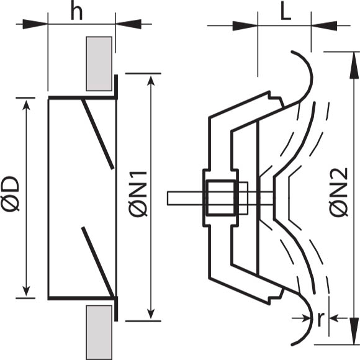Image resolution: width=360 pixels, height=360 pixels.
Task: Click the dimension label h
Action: [77, 12]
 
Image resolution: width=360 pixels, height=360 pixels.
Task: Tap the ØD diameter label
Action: [11, 193]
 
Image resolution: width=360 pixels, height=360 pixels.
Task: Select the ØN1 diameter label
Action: [138, 194]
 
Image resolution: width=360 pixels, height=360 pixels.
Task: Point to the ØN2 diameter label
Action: [338, 192]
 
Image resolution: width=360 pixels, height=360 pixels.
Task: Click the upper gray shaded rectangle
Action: [99, 63]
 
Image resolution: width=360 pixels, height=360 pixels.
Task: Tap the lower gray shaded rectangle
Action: [99, 333]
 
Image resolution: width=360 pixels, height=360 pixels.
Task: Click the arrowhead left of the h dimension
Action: [35, 24]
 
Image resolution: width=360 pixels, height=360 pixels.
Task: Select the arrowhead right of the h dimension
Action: [128, 24]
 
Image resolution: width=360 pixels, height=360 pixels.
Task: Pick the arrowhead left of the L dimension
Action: [245, 25]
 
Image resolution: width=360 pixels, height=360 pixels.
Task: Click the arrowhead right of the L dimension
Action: [324, 25]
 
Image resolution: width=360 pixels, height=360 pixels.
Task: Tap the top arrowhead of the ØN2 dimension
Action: [354, 66]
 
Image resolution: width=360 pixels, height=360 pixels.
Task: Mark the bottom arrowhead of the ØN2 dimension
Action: [354, 331]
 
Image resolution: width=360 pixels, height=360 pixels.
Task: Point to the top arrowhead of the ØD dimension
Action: [27, 105]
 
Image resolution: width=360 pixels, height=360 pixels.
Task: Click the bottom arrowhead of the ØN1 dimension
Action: [151, 314]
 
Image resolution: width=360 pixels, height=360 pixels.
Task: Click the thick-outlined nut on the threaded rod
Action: [220, 197]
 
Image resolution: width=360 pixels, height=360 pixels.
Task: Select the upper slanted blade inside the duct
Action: [98, 134]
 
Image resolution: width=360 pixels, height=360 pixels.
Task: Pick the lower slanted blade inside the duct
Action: [98, 262]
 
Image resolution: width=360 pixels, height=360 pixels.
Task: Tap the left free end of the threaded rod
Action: [168, 198]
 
